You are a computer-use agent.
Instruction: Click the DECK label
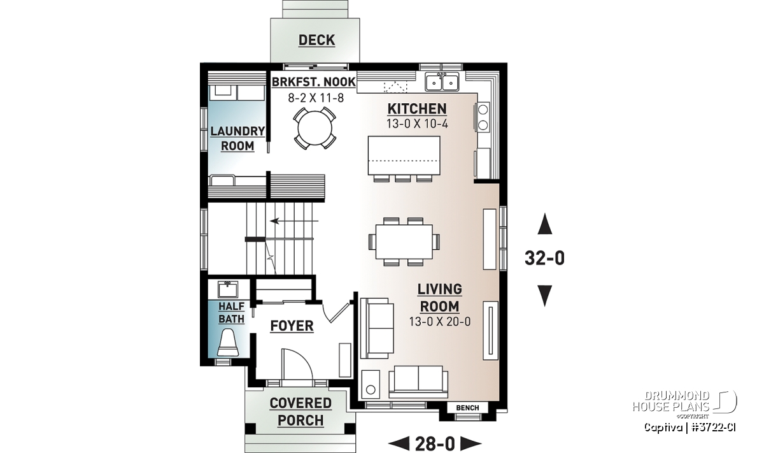click(x=316, y=40)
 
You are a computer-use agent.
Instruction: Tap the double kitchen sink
click(x=442, y=82)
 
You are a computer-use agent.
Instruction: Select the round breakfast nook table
click(x=315, y=129)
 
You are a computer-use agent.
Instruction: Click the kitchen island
click(x=404, y=155)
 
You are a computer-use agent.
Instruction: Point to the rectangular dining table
click(x=404, y=241)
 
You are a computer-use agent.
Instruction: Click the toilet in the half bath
click(x=228, y=342)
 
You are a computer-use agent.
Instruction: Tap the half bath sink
click(x=228, y=290)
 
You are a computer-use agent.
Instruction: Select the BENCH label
click(x=467, y=408)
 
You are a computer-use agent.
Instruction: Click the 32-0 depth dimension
click(x=545, y=259)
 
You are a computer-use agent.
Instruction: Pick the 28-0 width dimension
click(x=435, y=443)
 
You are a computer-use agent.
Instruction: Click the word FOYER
click(x=292, y=326)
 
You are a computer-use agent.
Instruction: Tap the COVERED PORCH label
click(x=301, y=412)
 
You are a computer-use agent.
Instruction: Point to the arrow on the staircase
click(x=294, y=221)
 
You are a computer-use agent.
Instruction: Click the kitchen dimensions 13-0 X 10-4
click(x=417, y=124)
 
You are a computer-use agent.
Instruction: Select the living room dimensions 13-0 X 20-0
click(x=440, y=322)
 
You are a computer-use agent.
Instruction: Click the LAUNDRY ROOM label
click(x=237, y=139)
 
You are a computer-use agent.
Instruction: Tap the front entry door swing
click(x=297, y=364)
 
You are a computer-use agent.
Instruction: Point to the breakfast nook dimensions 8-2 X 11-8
click(x=316, y=98)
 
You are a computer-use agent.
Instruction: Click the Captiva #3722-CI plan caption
click(x=690, y=428)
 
